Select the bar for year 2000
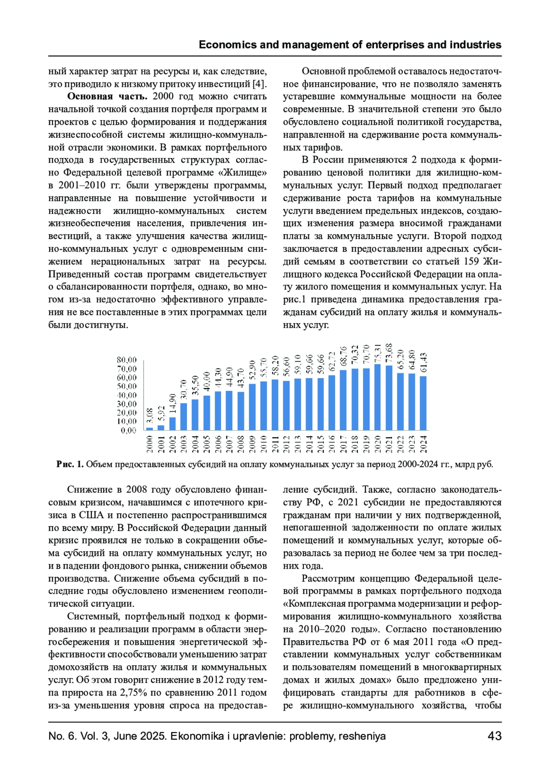149,429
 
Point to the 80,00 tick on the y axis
126,360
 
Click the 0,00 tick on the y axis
128,430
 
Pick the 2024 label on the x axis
423,444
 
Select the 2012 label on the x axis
286,444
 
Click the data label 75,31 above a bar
378,354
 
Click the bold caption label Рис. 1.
70,464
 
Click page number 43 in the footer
495,736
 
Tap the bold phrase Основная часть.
107,96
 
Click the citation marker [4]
259,84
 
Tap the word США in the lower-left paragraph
92,515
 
